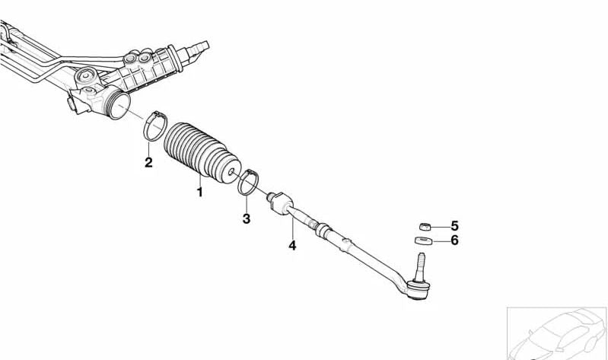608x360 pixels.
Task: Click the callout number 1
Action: tap(199, 192)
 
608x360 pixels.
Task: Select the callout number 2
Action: tap(148, 162)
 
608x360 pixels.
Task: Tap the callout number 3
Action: tap(247, 218)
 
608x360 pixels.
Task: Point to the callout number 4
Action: tap(292, 245)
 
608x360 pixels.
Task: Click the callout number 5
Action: tap(454, 226)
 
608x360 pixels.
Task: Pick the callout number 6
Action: tap(454, 241)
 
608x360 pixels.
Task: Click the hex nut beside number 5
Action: tap(425, 227)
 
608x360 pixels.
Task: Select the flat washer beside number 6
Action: tap(423, 241)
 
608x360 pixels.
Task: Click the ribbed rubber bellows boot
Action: tap(201, 152)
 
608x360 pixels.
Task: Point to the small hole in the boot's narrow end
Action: tap(231, 171)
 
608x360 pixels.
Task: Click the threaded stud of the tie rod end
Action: tap(420, 266)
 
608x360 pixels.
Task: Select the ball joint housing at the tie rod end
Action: tap(418, 290)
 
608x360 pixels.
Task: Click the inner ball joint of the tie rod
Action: tap(280, 203)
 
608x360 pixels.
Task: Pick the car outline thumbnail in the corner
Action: tap(557, 333)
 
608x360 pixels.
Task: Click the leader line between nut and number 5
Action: tap(440, 227)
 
